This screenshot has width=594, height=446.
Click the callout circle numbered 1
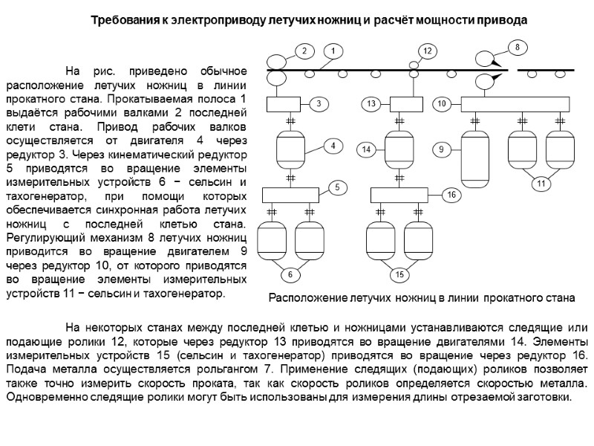tap(334, 51)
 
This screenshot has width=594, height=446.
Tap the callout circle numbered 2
tap(303, 51)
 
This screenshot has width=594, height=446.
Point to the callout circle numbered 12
tap(427, 51)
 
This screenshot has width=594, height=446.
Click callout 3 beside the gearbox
tap(318, 104)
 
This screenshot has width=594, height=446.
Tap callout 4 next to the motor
tap(333, 146)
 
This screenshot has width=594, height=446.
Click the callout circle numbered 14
tap(366, 150)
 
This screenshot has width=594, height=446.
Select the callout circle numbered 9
tap(441, 150)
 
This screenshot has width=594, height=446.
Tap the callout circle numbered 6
tap(291, 275)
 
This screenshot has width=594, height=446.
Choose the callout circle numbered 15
tap(399, 275)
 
